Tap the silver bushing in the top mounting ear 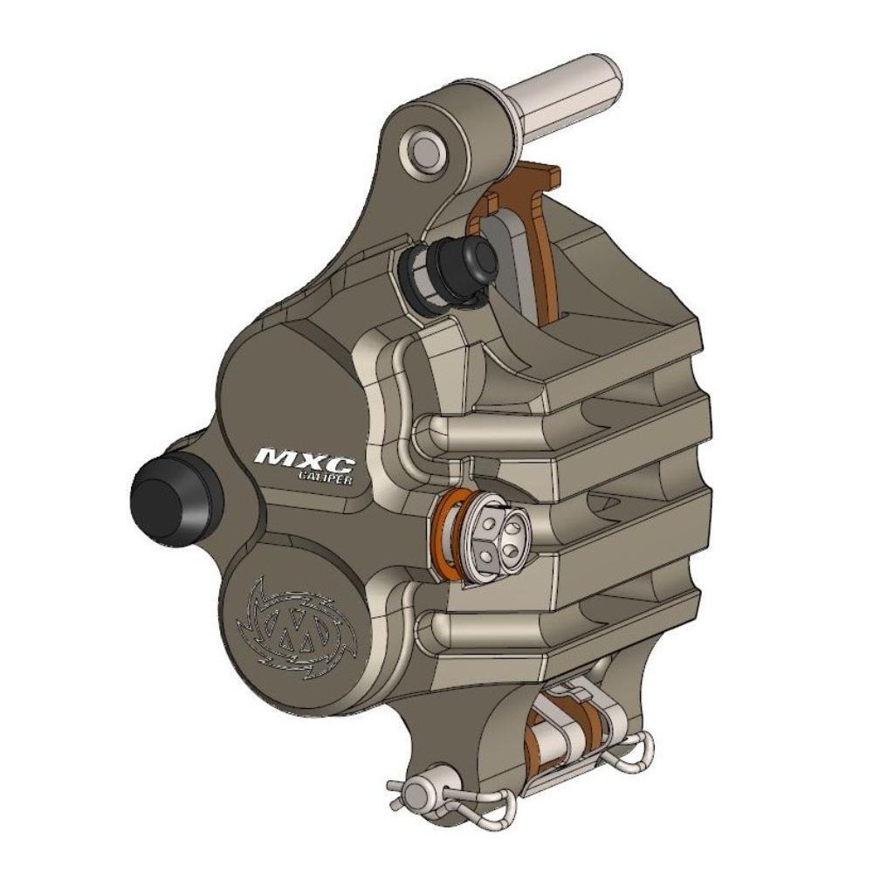tap(426, 148)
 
